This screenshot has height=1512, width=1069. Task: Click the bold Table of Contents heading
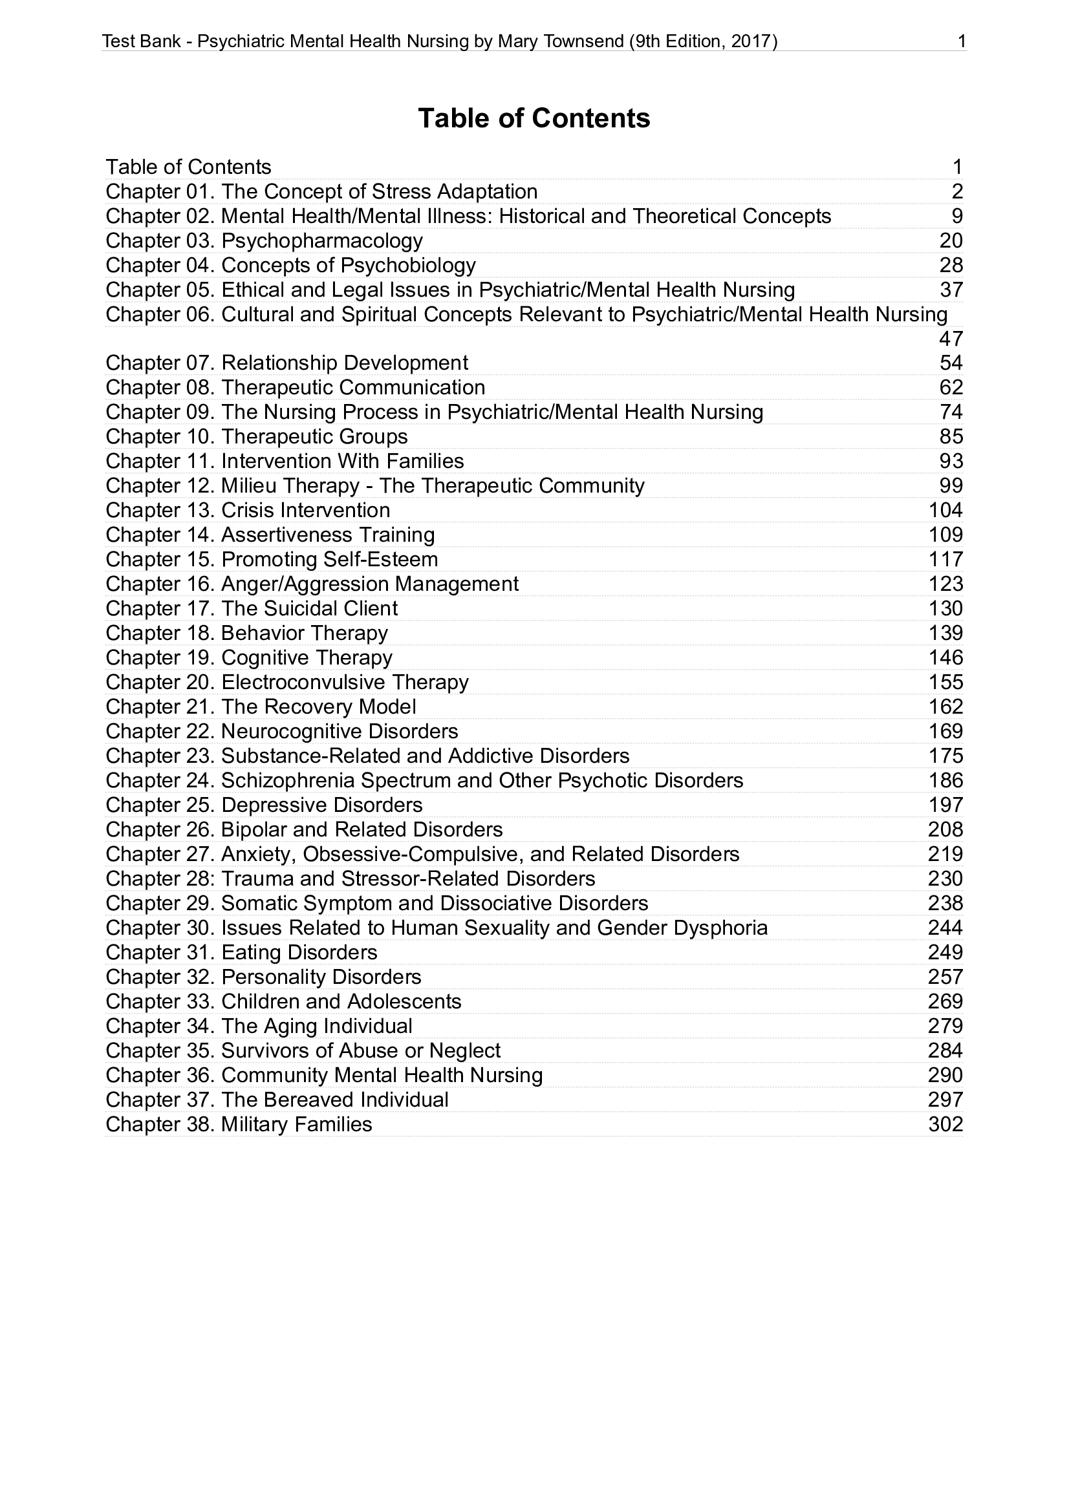click(534, 118)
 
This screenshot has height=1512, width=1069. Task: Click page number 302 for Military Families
click(945, 1124)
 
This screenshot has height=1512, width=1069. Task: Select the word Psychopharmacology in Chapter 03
click(321, 241)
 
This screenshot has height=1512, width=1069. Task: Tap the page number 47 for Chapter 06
click(951, 339)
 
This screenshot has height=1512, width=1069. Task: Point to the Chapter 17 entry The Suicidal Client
click(310, 608)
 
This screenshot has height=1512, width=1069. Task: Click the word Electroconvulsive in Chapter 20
click(304, 682)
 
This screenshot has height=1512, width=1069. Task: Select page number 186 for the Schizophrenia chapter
click(945, 780)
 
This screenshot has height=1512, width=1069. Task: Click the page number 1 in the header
click(962, 41)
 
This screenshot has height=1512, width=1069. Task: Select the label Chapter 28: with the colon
click(161, 878)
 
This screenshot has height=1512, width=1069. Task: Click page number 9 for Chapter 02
click(957, 217)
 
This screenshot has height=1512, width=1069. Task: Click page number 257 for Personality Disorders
click(945, 977)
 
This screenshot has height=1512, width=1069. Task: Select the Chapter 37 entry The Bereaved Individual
click(334, 1100)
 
